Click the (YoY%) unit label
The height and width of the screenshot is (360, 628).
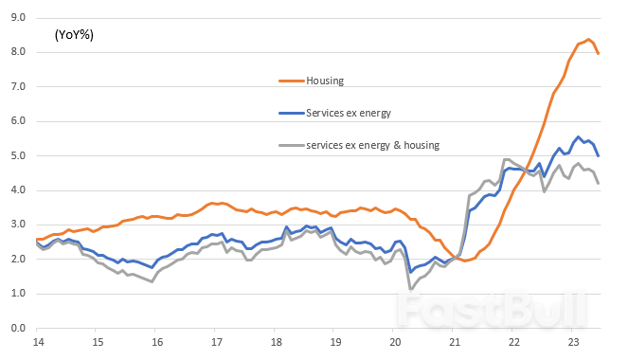pos(74,35)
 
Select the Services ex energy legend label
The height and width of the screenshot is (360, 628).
pos(349,113)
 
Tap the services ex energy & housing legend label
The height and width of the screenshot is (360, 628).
pos(371,145)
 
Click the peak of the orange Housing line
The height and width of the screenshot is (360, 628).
pos(588,39)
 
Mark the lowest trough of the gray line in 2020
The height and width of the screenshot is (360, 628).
pos(410,288)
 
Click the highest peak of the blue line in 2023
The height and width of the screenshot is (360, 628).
pos(579,136)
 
